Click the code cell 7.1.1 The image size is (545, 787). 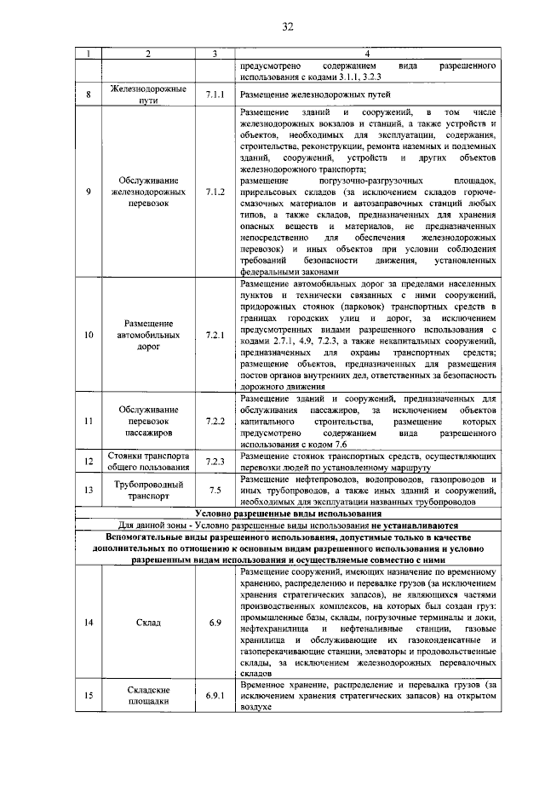click(x=215, y=94)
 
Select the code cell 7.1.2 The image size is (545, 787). click(x=215, y=192)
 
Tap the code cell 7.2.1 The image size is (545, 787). click(x=215, y=335)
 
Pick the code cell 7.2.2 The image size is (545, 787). click(x=215, y=422)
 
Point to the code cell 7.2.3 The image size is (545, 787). click(x=215, y=462)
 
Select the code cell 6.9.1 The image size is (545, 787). click(x=215, y=696)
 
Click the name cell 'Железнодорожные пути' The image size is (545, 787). click(x=148, y=94)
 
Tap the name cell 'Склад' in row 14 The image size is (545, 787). click(x=148, y=623)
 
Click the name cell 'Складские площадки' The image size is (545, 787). click(x=148, y=696)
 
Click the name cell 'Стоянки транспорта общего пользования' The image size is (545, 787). click(x=148, y=462)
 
